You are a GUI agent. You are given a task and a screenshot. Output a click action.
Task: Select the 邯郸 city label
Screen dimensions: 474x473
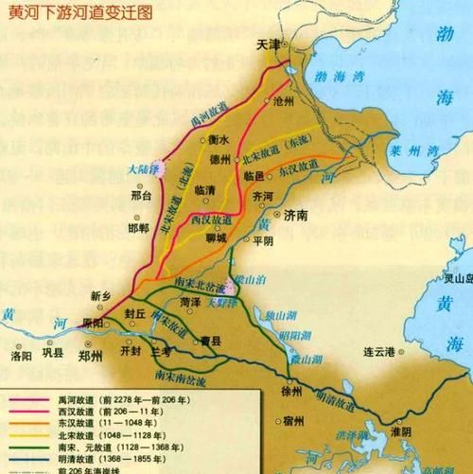coord(139,229)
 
